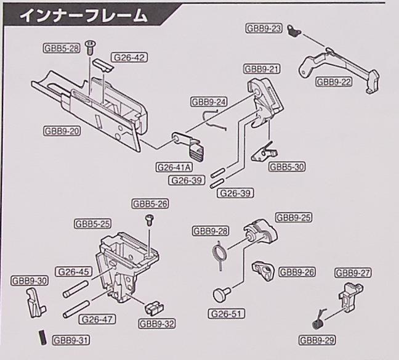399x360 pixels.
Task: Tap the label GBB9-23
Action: (x=264, y=28)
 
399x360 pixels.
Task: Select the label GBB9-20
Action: (x=62, y=131)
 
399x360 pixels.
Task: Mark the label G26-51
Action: (x=226, y=314)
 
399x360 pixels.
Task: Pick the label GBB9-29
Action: (x=317, y=340)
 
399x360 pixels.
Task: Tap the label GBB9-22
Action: (x=334, y=81)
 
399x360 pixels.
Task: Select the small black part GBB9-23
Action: (x=294, y=33)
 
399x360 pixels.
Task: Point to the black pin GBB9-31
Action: (x=42, y=337)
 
